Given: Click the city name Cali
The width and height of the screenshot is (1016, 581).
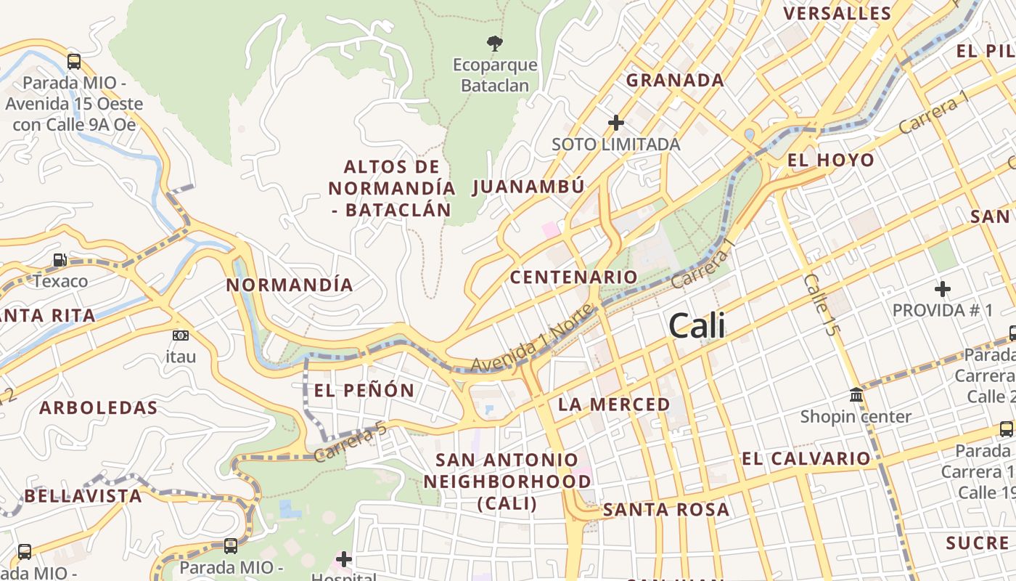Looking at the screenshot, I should point(697,325).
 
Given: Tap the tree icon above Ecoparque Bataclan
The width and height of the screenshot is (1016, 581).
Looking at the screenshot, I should point(495,43).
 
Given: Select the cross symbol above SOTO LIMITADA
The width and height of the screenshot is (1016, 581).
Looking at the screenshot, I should point(616,122).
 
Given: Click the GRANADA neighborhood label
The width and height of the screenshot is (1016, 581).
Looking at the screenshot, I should point(675,80).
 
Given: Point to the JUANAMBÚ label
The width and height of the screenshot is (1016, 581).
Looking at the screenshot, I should point(528,187).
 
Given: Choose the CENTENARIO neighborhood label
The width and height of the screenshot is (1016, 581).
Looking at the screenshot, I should point(573,277).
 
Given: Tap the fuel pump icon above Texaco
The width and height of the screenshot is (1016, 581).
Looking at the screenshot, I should point(60,259).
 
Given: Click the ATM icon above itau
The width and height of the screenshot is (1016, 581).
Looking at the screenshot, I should point(181,335).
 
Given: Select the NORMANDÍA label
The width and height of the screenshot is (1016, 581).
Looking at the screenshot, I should point(290,285).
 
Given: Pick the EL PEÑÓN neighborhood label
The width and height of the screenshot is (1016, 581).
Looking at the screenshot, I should point(364,390).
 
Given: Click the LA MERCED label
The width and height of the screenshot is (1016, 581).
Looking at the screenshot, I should point(614,404).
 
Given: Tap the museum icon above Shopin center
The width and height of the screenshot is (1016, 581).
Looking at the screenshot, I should point(856,395).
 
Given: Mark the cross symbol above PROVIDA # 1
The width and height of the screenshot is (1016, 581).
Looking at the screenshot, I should point(942,289).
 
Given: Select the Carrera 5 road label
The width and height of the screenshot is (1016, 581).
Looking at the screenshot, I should point(351,444).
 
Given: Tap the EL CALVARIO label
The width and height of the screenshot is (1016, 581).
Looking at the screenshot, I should point(806,458).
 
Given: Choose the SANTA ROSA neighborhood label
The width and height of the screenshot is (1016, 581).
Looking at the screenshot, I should point(666,510).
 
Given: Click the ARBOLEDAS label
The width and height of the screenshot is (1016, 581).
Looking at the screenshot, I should point(99,407).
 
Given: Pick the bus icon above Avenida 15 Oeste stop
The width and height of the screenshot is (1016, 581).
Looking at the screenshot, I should point(73,61).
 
